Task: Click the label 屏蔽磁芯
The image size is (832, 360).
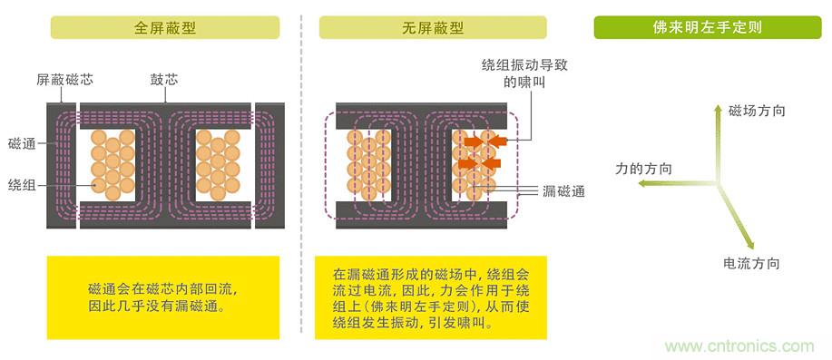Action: (x=64, y=80)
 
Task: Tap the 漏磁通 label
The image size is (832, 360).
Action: (x=563, y=190)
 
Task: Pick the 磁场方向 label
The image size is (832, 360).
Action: (x=757, y=111)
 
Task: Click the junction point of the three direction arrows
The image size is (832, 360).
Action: (x=720, y=186)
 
